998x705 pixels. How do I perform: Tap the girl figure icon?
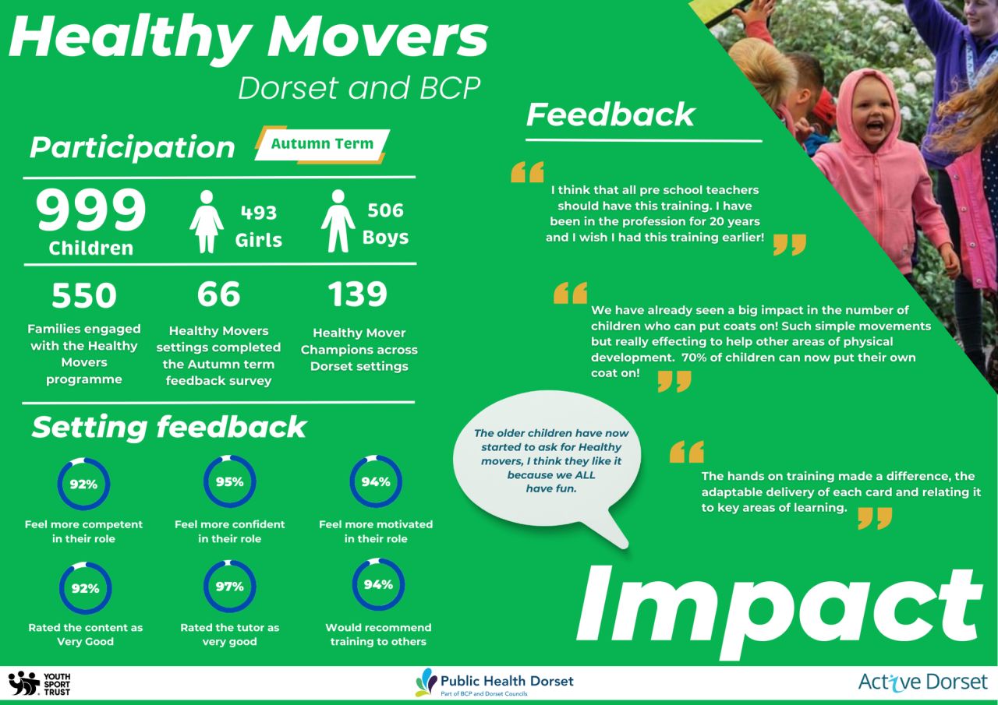[207, 222]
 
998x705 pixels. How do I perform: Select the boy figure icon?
[338, 220]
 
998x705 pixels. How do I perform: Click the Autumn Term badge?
[322, 144]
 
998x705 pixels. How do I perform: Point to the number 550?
[84, 295]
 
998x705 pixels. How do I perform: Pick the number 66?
[219, 294]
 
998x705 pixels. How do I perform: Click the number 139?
[358, 294]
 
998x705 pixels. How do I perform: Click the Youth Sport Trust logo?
[39, 684]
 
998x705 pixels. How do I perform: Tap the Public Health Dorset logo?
[494, 682]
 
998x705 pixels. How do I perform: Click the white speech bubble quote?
[550, 463]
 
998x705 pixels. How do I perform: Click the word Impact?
[779, 613]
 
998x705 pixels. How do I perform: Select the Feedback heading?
[610, 115]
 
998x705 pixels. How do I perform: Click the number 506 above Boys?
[385, 210]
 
